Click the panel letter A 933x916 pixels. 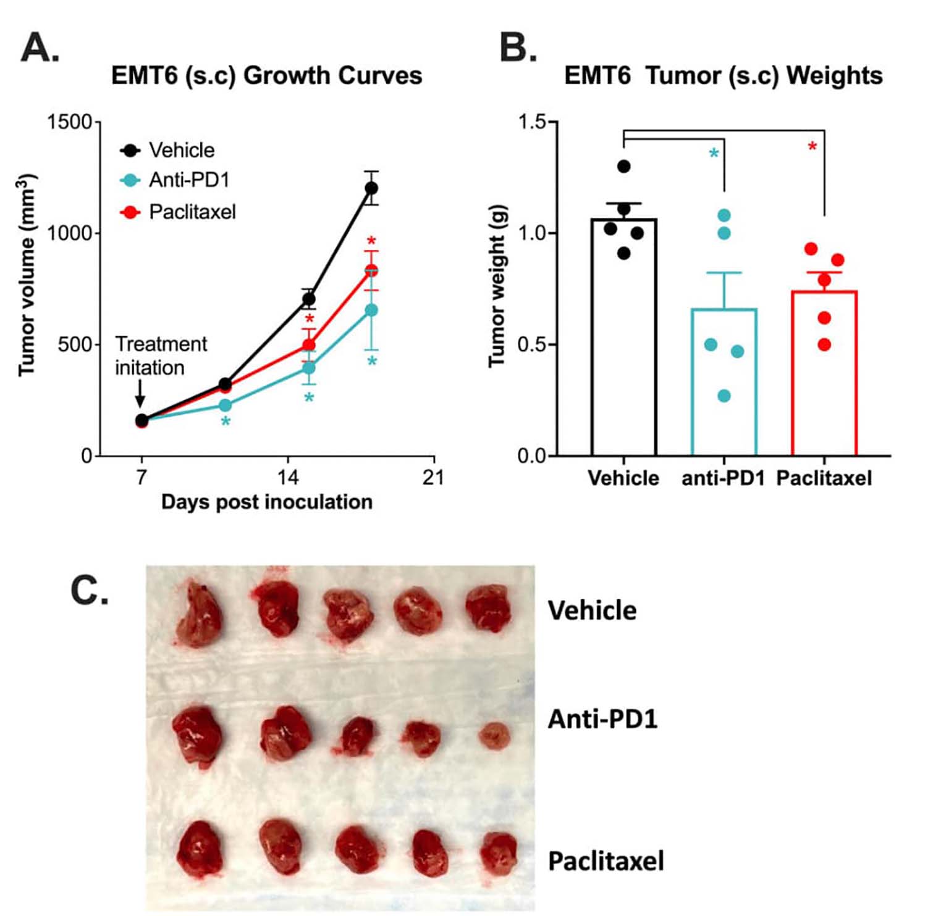tap(40, 48)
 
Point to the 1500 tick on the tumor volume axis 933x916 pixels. tap(69, 122)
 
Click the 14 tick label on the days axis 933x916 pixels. tap(287, 477)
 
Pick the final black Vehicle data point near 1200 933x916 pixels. tap(371, 188)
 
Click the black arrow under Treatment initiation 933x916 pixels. tap(140, 393)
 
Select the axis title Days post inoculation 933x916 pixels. tap(266, 502)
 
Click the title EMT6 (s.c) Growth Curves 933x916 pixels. tap(266, 76)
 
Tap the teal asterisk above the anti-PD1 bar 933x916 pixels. tap(714, 154)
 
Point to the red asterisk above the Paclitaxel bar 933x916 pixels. tap(812, 147)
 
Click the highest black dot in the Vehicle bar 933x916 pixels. tap(624, 166)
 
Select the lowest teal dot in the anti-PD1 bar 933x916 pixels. tap(724, 396)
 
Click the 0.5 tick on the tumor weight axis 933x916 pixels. tap(531, 344)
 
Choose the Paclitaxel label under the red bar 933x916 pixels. tap(824, 478)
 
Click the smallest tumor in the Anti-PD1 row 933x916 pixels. tap(494, 736)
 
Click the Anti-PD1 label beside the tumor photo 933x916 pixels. tap(602, 719)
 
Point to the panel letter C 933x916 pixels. tap(89, 591)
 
